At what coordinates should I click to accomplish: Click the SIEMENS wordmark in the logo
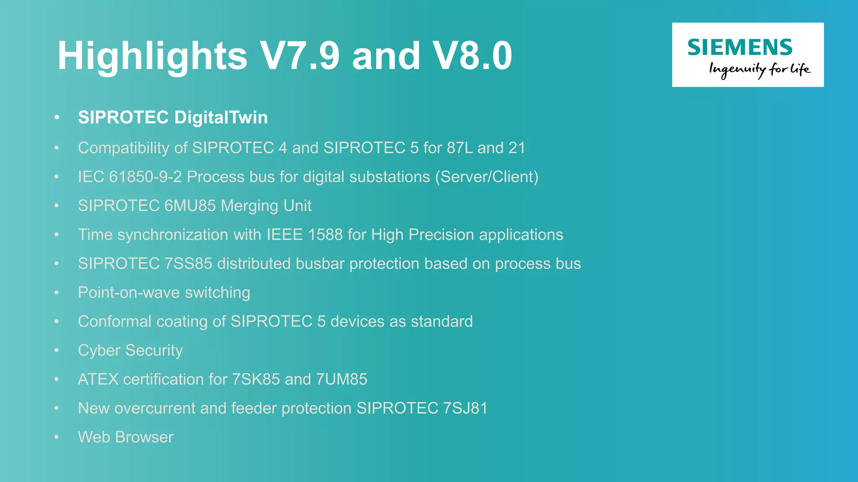coord(739,47)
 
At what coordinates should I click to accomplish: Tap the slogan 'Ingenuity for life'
coord(760,70)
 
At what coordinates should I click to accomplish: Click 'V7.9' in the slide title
coord(300,56)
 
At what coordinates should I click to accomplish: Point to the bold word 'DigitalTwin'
coord(221,118)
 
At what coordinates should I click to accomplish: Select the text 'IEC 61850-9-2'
coord(130,177)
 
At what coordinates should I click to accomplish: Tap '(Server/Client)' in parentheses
coord(486,177)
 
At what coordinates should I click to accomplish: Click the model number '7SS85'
coord(188,264)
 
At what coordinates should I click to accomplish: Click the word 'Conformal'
coord(114,322)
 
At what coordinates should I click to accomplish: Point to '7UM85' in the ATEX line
coord(341,379)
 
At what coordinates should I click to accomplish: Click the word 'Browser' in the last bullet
coord(144,437)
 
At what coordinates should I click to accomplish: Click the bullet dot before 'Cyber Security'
coord(57,351)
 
